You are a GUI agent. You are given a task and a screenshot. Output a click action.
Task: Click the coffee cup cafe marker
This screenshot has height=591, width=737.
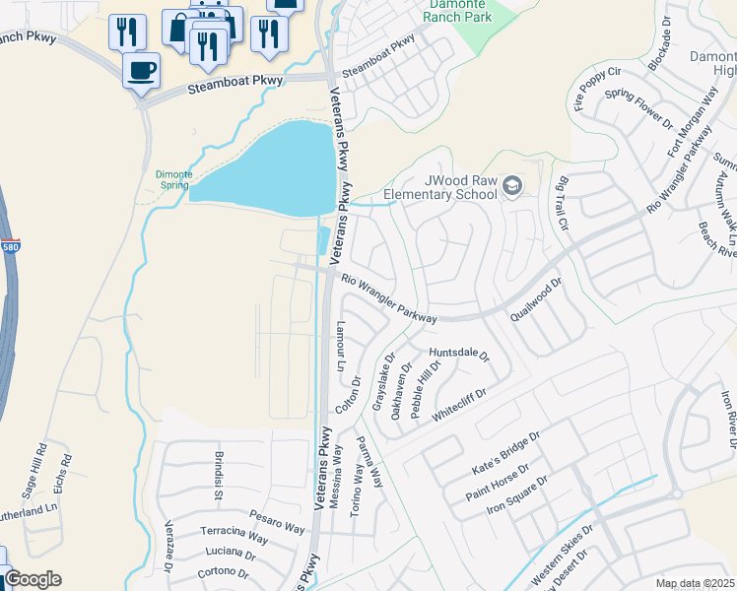tap(140, 71)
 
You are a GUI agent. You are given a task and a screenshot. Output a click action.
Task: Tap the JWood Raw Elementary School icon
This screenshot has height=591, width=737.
tap(512, 184)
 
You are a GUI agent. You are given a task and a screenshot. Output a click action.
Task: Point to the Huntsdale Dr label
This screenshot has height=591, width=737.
tap(458, 354)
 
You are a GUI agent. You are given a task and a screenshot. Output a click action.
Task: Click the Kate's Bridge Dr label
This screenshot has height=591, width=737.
tap(507, 444)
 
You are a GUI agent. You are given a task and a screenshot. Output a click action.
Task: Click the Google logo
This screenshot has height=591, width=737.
tap(33, 579)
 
